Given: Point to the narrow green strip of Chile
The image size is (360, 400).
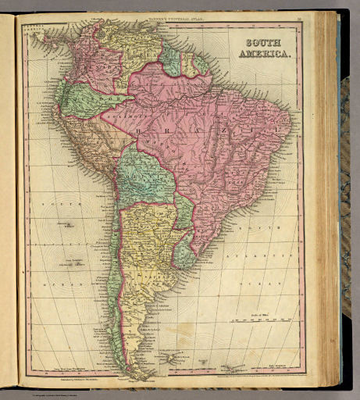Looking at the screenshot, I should point(116,258).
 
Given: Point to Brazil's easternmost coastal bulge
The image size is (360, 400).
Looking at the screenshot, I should point(291,125).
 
